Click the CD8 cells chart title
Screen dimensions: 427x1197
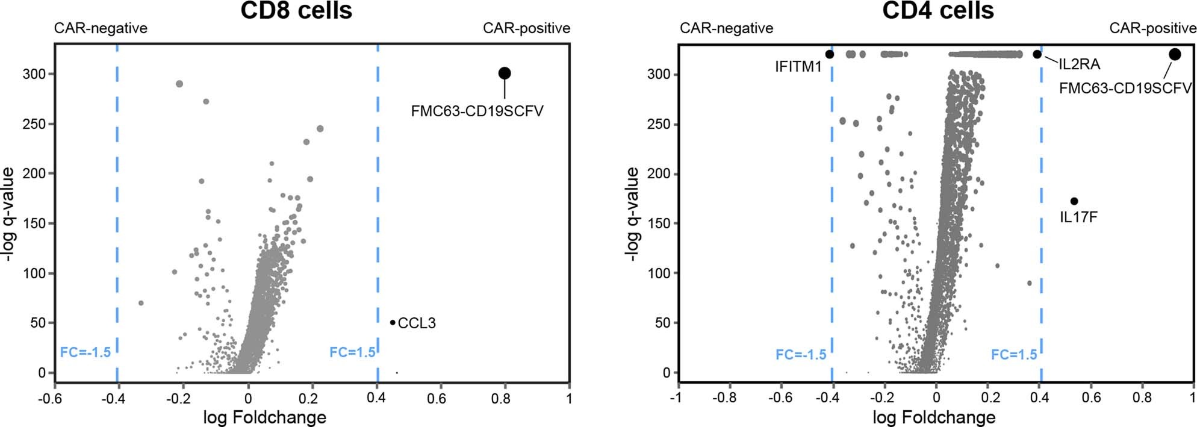pos(296,10)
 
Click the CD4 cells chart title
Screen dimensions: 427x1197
pos(937,10)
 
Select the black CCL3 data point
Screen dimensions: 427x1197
pos(393,322)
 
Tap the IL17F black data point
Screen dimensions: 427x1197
pos(1074,201)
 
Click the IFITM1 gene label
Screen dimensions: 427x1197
pos(798,67)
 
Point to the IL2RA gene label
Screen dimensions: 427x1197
pos(1079,64)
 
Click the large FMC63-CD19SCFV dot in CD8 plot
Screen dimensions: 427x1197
pos(505,73)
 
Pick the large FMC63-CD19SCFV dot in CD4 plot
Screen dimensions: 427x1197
pos(1175,54)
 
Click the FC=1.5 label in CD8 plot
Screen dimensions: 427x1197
pos(352,352)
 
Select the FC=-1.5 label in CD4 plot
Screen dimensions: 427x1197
pos(800,355)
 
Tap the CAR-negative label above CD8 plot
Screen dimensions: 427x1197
pos(101,28)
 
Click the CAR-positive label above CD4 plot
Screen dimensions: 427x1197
pos(1152,28)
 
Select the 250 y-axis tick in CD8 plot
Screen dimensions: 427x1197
pos(34,124)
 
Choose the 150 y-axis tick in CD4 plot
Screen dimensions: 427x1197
pos(659,223)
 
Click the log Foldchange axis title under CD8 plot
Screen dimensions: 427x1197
pos(264,417)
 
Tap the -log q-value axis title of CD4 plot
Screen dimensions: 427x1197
pos(632,214)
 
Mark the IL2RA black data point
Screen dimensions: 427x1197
pos(1037,54)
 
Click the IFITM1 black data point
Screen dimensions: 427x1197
pos(830,54)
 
